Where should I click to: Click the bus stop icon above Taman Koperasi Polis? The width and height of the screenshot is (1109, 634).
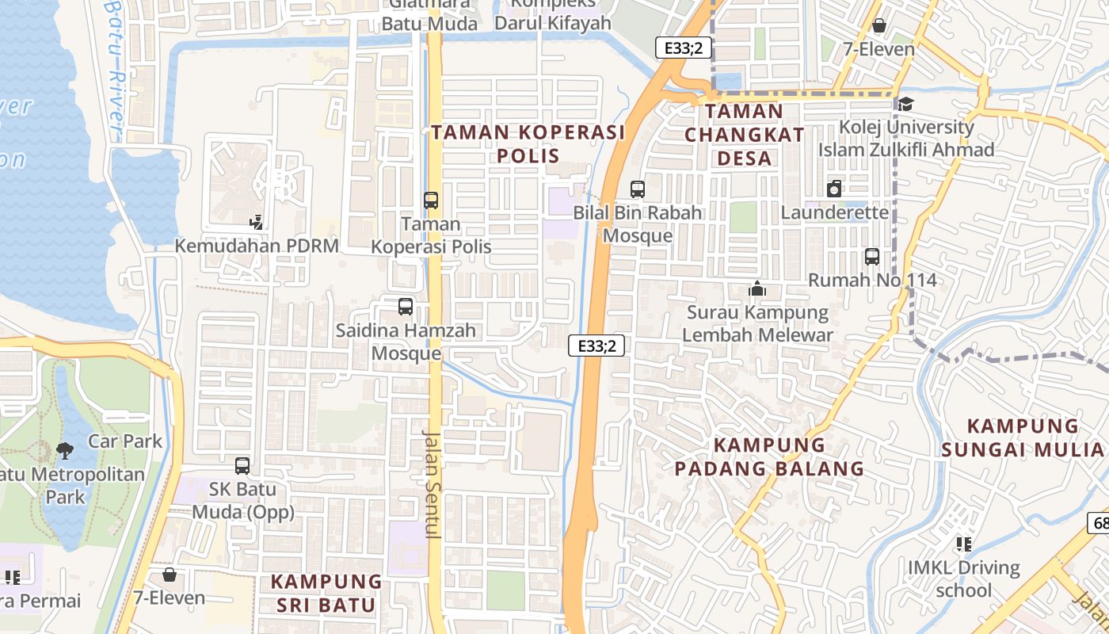[431, 201]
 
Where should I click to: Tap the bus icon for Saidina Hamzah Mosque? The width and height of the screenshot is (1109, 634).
[406, 306]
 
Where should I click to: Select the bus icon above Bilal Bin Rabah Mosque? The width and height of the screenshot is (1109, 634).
[638, 189]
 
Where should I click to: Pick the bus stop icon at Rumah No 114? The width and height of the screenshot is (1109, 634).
[872, 257]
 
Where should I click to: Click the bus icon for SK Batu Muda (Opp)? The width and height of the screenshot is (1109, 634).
[242, 466]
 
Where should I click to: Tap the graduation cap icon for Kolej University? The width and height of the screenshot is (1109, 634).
[905, 104]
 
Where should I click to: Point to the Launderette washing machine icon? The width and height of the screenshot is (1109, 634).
[833, 189]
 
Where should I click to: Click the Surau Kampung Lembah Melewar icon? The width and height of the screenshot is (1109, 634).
[757, 289]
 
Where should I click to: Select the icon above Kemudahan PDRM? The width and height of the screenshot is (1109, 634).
[256, 222]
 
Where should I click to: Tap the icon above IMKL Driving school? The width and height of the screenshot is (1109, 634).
[964, 544]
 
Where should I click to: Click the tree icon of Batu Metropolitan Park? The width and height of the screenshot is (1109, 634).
[65, 451]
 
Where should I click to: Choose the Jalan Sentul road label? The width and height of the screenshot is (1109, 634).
[432, 483]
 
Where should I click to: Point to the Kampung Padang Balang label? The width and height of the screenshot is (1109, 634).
[769, 456]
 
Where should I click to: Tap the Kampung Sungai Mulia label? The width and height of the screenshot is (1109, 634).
[1023, 438]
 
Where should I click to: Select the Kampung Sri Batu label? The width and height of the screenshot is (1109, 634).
[326, 594]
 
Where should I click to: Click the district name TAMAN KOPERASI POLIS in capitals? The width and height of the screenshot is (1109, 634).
[528, 143]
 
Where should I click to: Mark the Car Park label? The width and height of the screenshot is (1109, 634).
[125, 441]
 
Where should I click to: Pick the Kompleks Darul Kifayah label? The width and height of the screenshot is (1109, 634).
[553, 14]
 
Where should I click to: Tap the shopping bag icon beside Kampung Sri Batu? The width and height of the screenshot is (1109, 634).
[169, 575]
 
